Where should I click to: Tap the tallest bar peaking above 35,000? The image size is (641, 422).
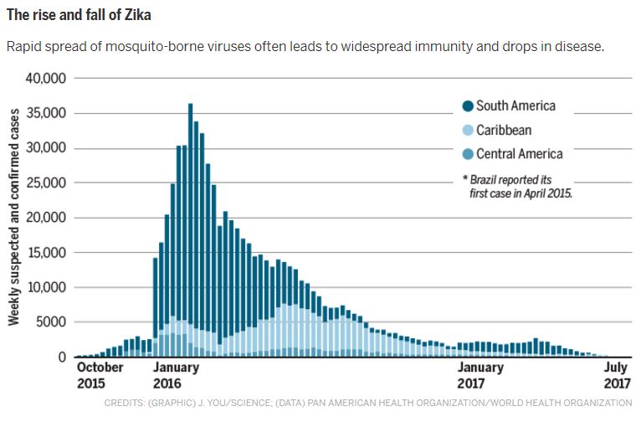191,226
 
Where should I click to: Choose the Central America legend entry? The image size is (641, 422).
511,153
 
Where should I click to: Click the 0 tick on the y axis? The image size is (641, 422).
62,358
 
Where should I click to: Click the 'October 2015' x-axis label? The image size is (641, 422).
100,374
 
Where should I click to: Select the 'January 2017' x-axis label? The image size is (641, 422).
480,374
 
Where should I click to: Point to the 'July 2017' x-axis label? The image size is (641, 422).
615,374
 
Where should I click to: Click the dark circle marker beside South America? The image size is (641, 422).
468,106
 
